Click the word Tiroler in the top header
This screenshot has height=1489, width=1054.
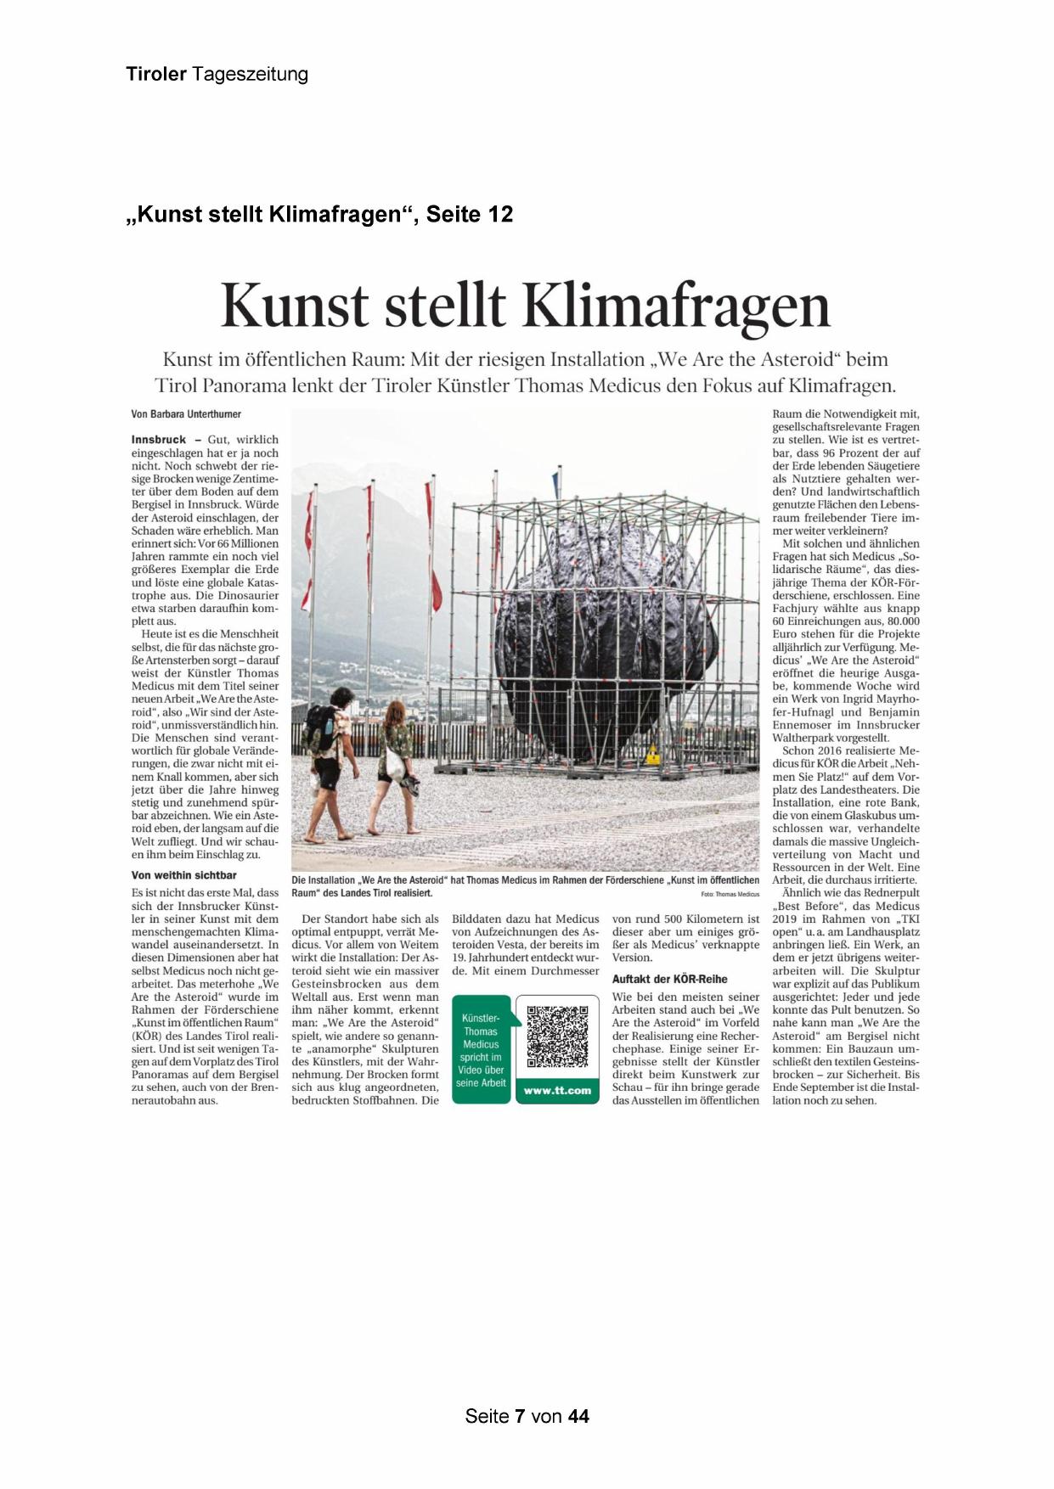click(x=156, y=75)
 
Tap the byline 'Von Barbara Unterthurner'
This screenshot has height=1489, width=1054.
click(x=186, y=414)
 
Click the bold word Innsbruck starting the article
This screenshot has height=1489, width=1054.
click(x=159, y=440)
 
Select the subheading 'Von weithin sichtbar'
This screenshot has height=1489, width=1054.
click(x=184, y=875)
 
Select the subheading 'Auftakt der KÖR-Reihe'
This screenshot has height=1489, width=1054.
click(x=670, y=979)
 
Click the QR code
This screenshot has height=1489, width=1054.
click(x=557, y=1037)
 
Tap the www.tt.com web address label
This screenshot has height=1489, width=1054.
click(x=557, y=1091)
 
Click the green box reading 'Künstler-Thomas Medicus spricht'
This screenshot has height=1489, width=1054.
click(x=481, y=1050)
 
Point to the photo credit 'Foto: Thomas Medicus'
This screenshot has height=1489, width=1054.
click(x=730, y=895)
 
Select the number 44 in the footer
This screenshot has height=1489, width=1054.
click(x=578, y=1416)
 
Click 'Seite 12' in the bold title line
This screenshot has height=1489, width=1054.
click(x=470, y=215)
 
